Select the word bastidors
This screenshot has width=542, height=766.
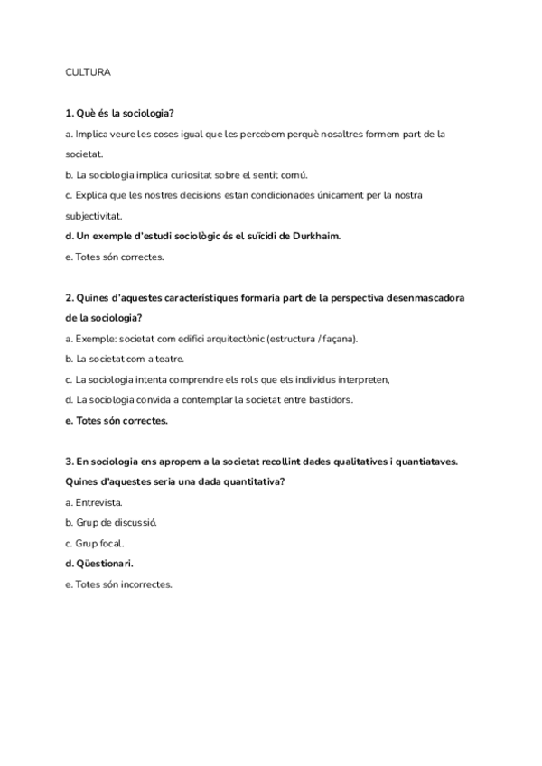(x=325, y=399)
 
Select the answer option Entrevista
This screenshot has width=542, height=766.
(x=98, y=502)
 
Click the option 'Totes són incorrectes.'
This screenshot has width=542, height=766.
(x=118, y=584)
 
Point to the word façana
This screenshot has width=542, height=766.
(x=335, y=339)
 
